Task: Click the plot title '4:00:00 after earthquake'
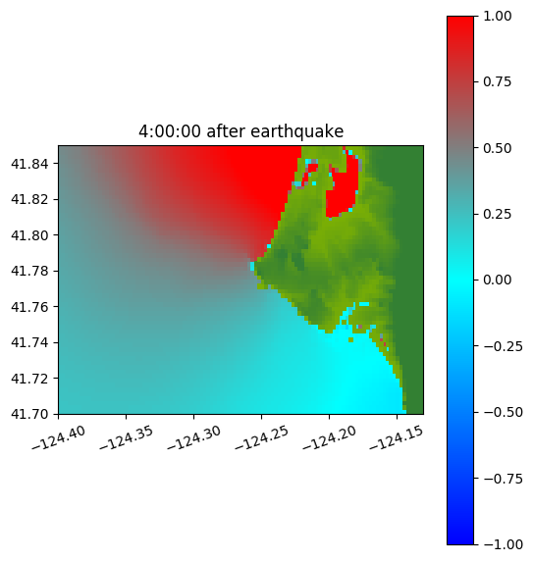[x=241, y=131]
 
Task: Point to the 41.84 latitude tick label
[x=29, y=164]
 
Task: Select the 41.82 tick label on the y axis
[x=29, y=199]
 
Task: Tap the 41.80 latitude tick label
[x=29, y=235]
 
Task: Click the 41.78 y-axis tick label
[x=29, y=271]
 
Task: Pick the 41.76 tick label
[x=29, y=307]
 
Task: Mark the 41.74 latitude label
[x=29, y=342]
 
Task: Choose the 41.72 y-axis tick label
[x=29, y=379]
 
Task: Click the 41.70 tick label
[x=29, y=414]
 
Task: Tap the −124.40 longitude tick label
[x=59, y=437]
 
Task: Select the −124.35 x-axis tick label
[x=126, y=437]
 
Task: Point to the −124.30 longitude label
[x=193, y=437]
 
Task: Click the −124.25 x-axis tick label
[x=261, y=437]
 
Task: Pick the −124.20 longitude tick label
[x=329, y=437]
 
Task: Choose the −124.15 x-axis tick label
[x=397, y=437]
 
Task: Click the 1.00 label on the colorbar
[x=497, y=16]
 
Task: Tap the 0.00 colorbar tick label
[x=497, y=280]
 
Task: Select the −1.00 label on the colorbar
[x=503, y=544]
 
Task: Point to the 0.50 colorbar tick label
[x=497, y=148]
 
